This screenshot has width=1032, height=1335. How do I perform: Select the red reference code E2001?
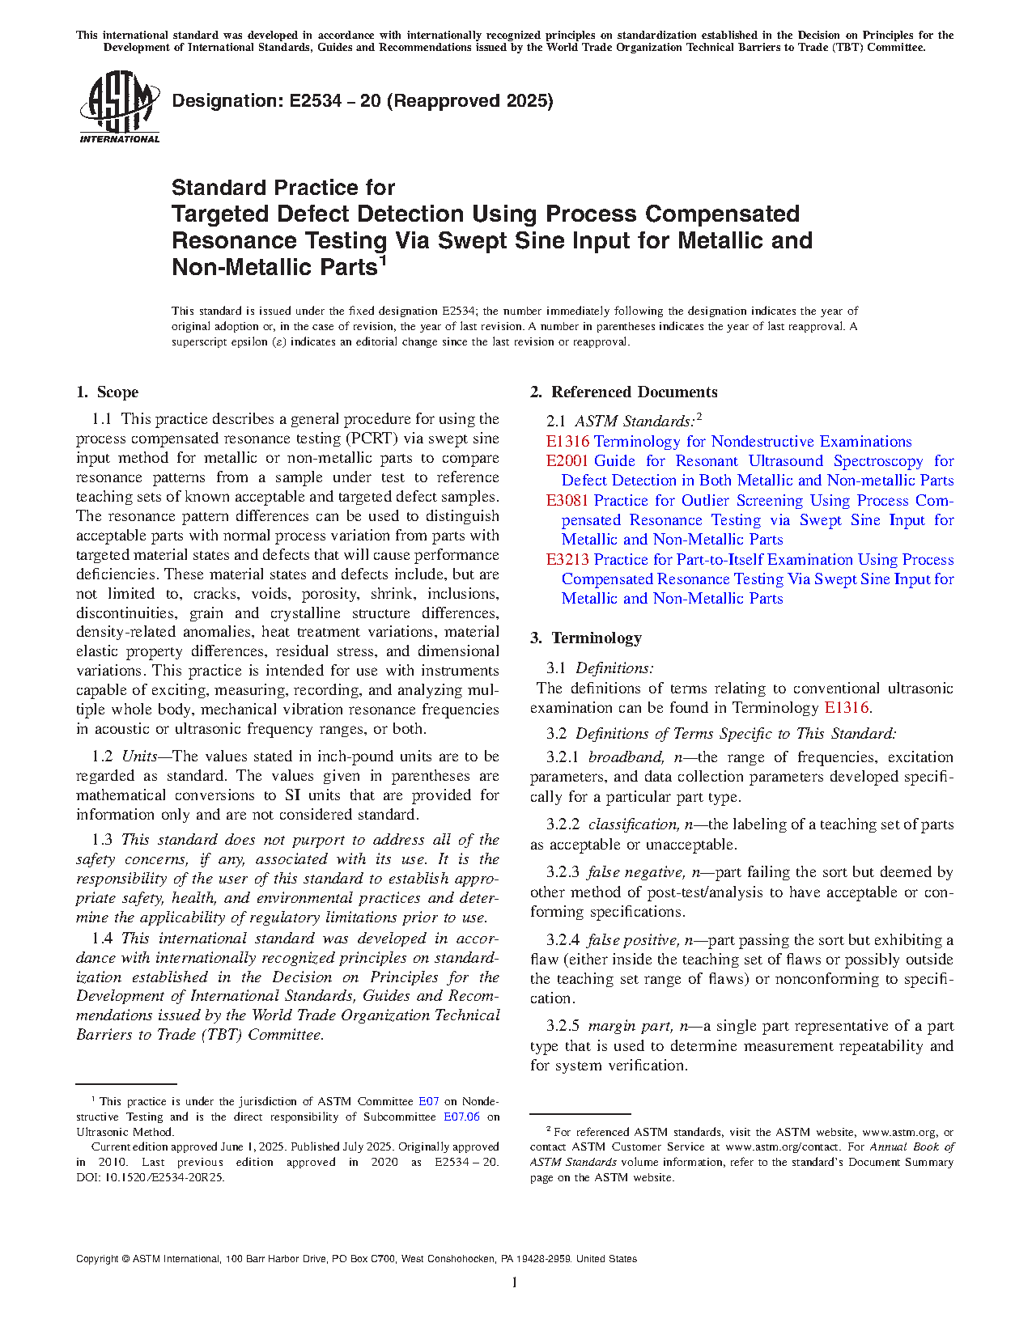[567, 461]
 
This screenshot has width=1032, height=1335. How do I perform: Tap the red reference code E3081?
[567, 501]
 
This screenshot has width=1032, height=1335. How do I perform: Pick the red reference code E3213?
[567, 560]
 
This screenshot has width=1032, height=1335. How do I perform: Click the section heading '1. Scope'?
[107, 392]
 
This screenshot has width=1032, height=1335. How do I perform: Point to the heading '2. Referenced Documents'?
[623, 392]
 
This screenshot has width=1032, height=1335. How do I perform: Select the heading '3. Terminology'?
[585, 638]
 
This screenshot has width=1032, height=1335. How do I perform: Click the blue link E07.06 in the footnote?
[461, 1117]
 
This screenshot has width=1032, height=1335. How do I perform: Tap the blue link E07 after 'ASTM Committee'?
[428, 1102]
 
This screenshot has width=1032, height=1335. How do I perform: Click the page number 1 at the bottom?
[515, 1282]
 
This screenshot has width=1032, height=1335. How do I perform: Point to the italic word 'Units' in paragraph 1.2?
[139, 756]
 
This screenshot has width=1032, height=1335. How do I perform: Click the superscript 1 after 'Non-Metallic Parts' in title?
[383, 261]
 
